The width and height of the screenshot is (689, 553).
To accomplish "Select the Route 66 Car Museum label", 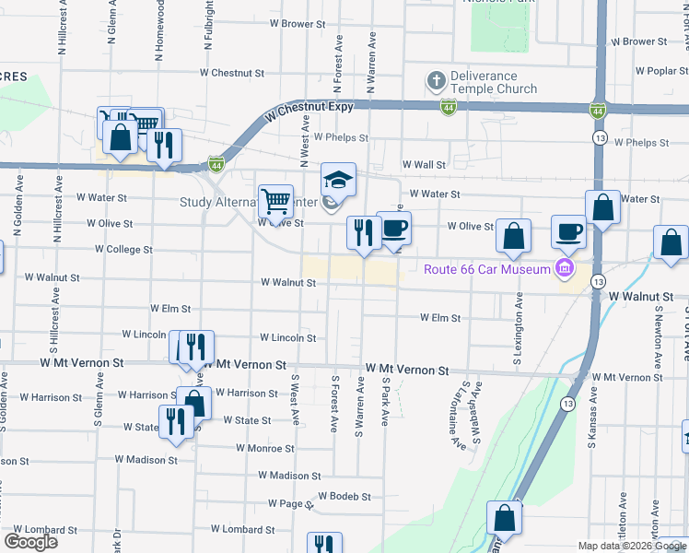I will tap(486, 269).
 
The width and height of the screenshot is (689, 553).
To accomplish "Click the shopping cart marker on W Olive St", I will tap(275, 200).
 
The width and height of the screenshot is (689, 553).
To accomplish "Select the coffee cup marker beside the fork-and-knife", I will tap(393, 228).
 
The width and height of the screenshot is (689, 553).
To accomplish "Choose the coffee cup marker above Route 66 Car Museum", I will tap(568, 230).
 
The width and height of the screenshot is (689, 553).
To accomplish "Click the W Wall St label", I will tap(423, 165).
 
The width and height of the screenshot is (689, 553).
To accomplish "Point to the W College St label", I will tap(123, 250).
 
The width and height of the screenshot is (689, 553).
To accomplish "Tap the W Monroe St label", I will tap(263, 449).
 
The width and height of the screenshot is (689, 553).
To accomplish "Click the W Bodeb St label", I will tap(344, 496).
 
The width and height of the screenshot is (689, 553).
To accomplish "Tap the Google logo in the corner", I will tap(30, 542).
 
